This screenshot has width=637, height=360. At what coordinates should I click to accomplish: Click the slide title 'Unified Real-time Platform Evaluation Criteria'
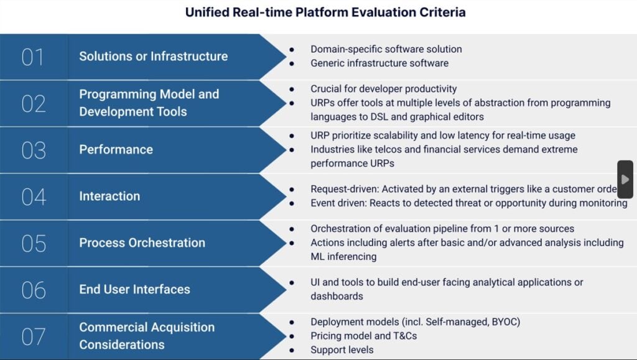click(x=325, y=12)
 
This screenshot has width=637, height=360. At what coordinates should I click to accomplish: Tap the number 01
click(x=32, y=57)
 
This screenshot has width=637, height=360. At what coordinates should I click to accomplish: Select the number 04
click(x=34, y=196)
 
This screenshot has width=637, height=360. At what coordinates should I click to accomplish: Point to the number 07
click(x=34, y=336)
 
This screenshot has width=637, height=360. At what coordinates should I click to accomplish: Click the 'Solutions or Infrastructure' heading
click(x=153, y=56)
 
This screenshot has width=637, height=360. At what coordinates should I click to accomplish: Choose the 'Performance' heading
click(x=116, y=149)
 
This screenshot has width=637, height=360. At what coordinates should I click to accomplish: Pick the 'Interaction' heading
click(x=109, y=196)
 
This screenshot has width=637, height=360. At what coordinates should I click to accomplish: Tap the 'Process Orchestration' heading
click(x=142, y=242)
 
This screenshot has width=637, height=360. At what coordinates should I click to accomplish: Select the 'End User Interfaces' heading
click(x=134, y=289)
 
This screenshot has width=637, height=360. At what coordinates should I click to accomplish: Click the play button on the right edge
click(x=625, y=179)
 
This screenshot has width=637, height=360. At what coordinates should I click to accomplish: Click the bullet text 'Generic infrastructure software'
click(x=379, y=63)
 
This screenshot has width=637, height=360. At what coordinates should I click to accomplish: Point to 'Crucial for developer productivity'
click(x=384, y=89)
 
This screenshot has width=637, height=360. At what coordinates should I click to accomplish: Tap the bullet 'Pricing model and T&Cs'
click(x=363, y=336)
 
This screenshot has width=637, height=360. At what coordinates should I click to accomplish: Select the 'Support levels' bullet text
click(x=342, y=349)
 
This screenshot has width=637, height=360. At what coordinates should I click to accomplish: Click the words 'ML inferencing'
click(x=343, y=256)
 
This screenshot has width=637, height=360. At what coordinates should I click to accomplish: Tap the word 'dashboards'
click(x=337, y=296)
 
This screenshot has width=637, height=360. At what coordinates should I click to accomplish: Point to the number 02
click(x=34, y=103)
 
